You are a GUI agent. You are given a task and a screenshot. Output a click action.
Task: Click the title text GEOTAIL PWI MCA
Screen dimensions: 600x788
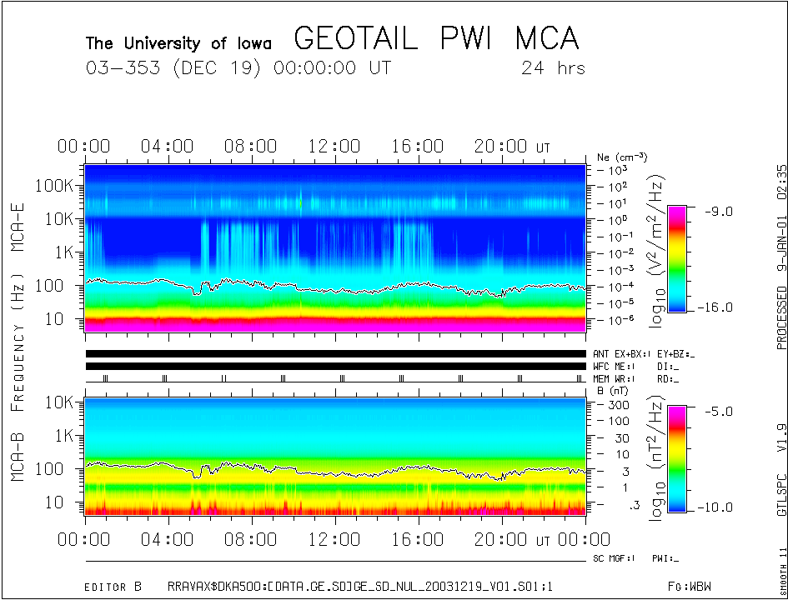click(436, 39)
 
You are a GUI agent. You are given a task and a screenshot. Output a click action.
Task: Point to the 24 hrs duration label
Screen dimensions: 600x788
click(553, 67)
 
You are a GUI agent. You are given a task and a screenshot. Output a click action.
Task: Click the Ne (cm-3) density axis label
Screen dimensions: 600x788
click(622, 157)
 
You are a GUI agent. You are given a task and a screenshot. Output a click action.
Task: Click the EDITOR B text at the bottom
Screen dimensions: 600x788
click(113, 587)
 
